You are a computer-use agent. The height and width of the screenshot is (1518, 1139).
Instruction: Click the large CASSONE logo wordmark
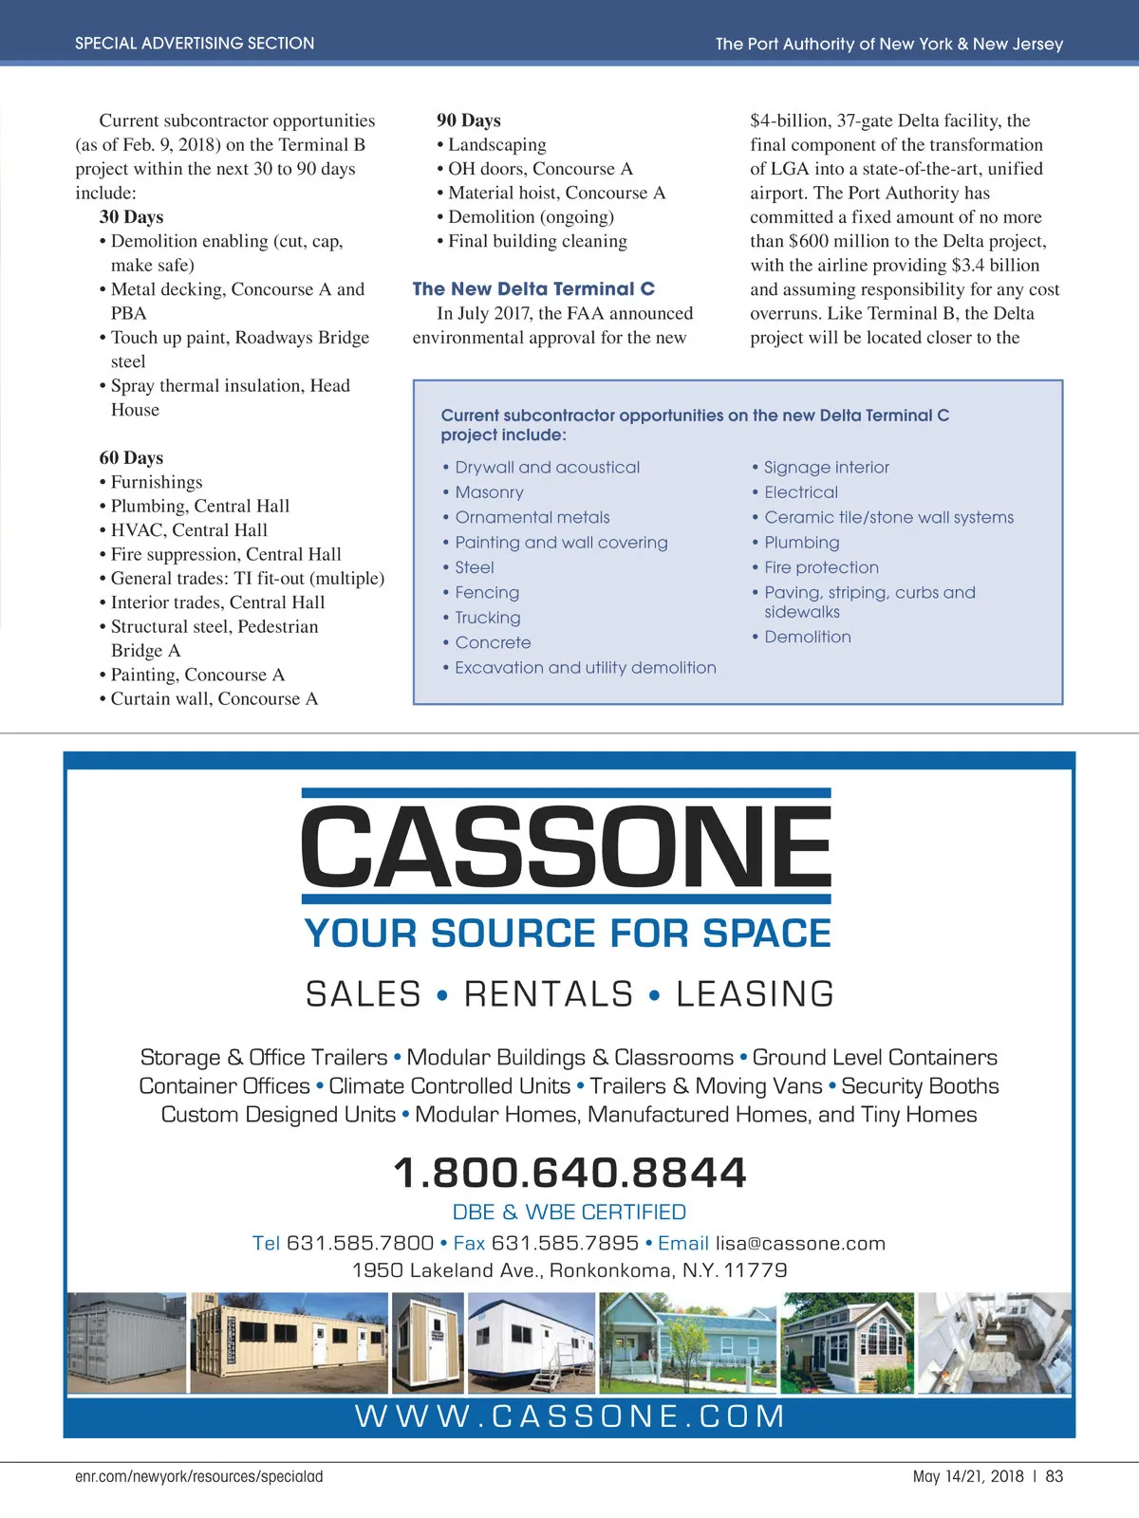coord(567,844)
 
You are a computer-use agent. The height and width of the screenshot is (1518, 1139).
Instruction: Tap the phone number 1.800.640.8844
coord(569,1173)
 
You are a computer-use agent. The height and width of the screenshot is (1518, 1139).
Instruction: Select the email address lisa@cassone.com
coord(800,1243)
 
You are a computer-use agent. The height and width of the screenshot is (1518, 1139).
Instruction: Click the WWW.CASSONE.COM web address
coord(569,1416)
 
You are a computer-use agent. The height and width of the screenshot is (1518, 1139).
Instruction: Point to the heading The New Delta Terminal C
coord(533,288)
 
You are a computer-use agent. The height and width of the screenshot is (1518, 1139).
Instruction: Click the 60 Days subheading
coord(131,457)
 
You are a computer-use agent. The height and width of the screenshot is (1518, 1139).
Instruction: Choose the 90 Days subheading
coord(468,120)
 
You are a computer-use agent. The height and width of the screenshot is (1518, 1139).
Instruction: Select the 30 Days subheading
coord(131,216)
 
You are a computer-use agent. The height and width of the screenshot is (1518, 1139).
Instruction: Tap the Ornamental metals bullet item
coord(532,517)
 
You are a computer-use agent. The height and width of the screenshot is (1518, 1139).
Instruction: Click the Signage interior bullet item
coord(826,467)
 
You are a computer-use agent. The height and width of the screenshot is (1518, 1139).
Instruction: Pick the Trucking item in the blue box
coord(487,618)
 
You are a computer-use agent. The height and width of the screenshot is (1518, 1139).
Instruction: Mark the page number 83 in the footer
coord(1054,1476)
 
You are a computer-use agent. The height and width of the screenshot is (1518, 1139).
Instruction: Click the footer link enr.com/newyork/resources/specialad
coord(199,1476)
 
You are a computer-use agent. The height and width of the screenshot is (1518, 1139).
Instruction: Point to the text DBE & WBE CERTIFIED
coord(569,1212)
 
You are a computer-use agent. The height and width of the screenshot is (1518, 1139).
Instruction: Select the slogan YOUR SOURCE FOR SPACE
coord(568,934)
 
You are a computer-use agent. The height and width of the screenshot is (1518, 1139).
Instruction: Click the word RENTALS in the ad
coord(549,994)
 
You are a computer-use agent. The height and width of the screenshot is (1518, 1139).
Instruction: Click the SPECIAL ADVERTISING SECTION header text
coord(195,44)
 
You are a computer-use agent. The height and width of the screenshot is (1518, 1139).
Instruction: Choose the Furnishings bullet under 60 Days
coord(157,482)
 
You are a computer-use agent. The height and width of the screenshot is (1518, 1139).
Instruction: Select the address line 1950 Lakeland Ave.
coord(569,1270)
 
